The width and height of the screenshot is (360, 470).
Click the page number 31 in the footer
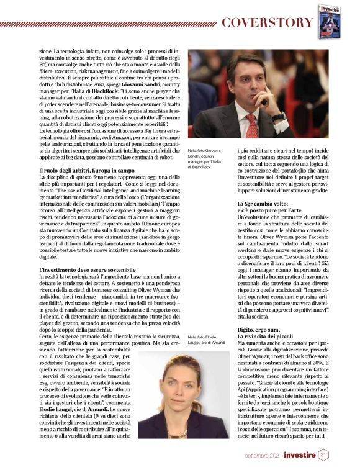(x=323, y=455)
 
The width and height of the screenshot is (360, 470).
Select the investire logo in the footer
(x=297, y=455)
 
